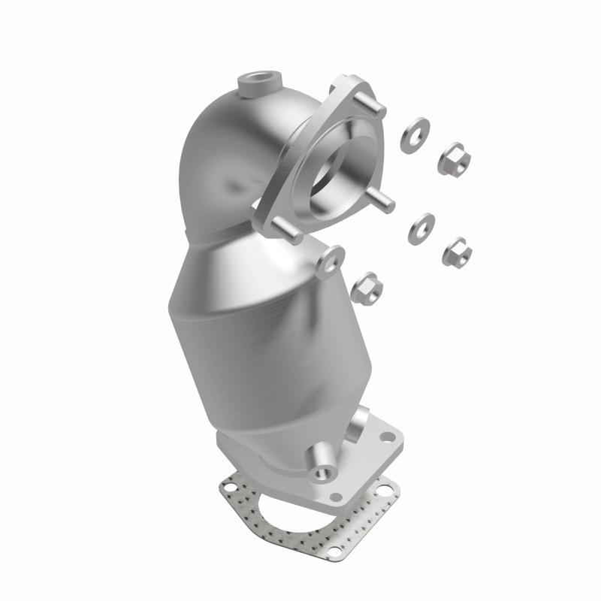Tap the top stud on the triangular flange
click(x=373, y=104)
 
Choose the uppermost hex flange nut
click(x=455, y=157)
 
